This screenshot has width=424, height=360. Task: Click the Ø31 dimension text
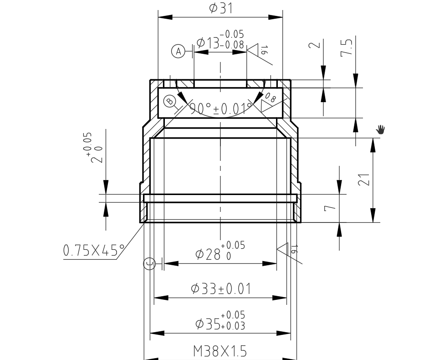(220, 8)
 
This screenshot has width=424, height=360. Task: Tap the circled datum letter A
(179, 51)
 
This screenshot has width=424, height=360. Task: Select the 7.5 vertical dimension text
(347, 47)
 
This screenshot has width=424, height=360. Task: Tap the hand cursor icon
(381, 130)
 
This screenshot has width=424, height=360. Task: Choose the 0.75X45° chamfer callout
(94, 250)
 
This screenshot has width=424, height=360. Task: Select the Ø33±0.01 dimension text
(221, 288)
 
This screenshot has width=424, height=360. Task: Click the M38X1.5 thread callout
(220, 351)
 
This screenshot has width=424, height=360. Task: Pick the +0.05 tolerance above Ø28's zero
(233, 246)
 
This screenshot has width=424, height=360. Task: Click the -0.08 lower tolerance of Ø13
(232, 45)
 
